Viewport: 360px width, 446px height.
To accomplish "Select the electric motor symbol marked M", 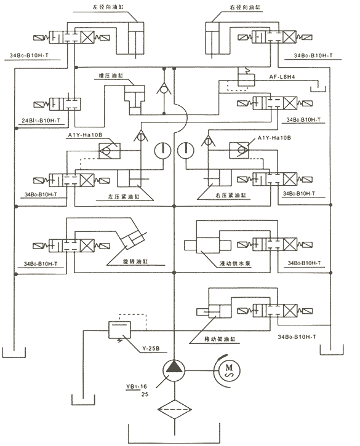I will [229, 372].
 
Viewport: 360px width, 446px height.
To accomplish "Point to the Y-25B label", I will [151, 347].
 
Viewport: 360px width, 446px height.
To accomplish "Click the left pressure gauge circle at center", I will [161, 150].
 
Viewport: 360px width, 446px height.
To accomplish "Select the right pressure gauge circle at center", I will [186, 150].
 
